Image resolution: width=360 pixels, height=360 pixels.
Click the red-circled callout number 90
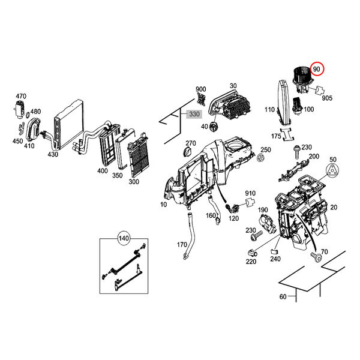click(317, 69)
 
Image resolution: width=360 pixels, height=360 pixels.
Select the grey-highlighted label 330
click(194, 114)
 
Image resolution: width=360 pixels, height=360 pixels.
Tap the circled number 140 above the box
click(124, 238)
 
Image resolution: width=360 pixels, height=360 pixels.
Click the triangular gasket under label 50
click(332, 171)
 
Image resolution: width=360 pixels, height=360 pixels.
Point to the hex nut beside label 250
click(260, 158)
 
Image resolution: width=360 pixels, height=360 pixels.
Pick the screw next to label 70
click(316, 257)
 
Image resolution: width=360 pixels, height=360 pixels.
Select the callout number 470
click(21, 96)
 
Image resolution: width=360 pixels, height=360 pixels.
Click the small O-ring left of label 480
click(28, 115)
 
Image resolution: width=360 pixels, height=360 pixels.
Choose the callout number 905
click(327, 98)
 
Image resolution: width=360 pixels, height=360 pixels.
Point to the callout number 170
click(182, 245)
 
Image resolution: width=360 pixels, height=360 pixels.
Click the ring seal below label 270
click(188, 152)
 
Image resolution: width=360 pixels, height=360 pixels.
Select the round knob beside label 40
click(213, 127)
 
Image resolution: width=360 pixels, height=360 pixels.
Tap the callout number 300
click(134, 182)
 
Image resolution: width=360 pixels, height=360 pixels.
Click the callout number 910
click(250, 193)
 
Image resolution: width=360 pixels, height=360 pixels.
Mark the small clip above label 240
click(274, 251)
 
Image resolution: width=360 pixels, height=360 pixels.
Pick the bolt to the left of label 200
click(296, 152)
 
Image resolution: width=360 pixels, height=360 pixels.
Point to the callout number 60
click(283, 296)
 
